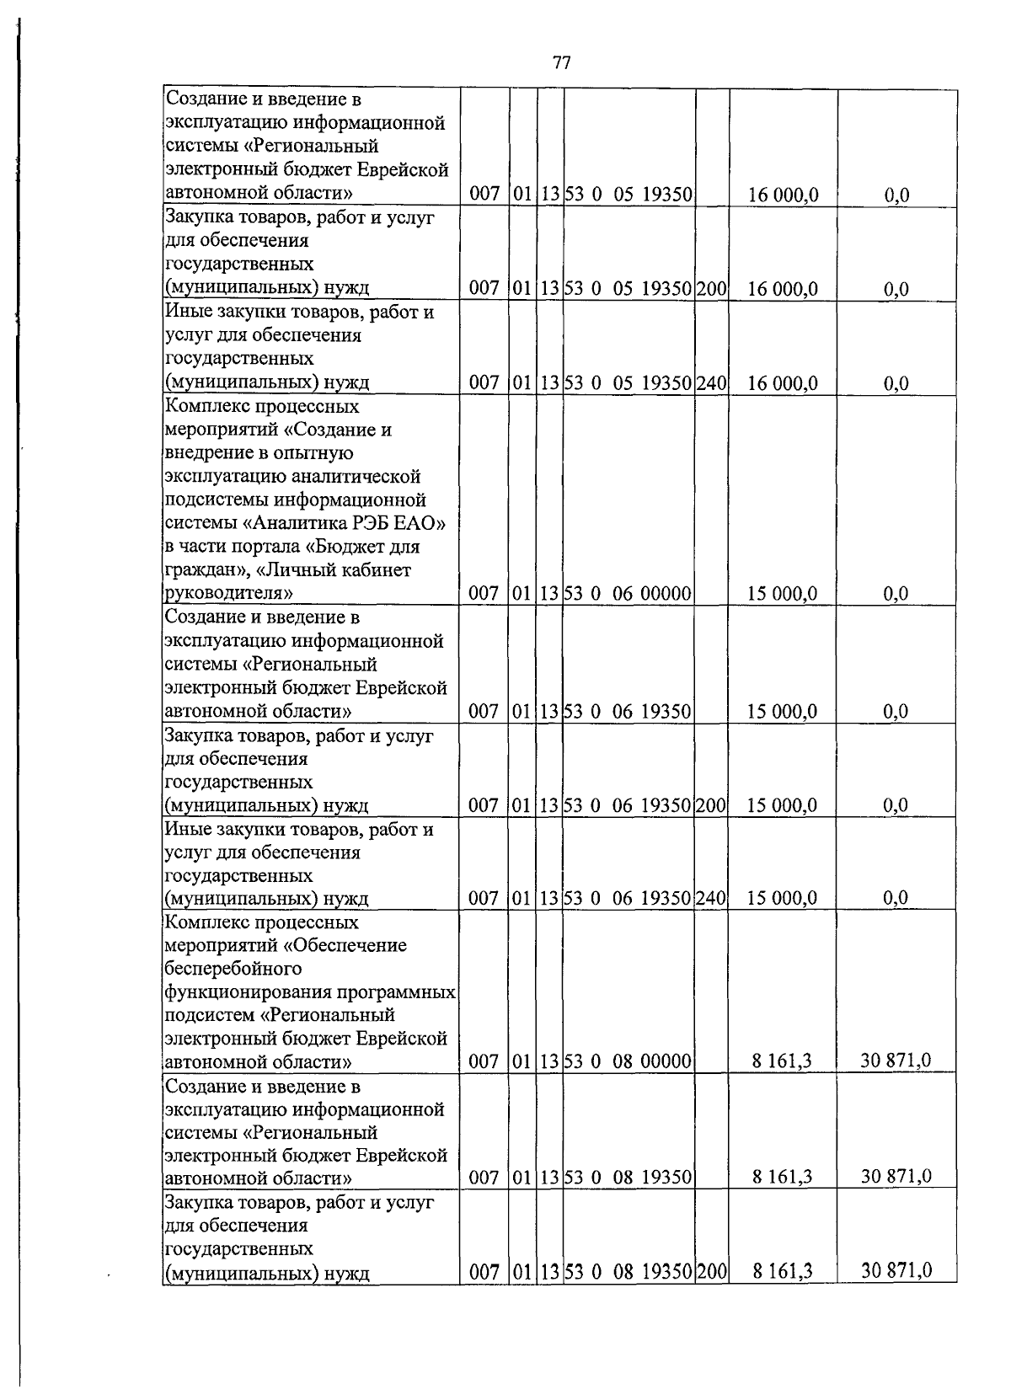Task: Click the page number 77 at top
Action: click(562, 63)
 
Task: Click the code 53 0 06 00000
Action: click(628, 594)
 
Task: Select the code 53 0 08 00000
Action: click(628, 1061)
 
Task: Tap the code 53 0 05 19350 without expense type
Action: click(628, 195)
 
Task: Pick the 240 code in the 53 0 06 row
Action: click(711, 898)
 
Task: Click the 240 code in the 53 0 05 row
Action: click(711, 384)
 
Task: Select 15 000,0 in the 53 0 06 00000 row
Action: click(782, 594)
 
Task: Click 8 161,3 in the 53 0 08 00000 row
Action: click(782, 1061)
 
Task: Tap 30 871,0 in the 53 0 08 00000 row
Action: click(896, 1060)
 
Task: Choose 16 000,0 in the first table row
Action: click(782, 195)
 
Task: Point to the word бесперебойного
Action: click(233, 969)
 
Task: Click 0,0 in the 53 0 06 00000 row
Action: click(896, 594)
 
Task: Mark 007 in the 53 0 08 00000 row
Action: click(484, 1061)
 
